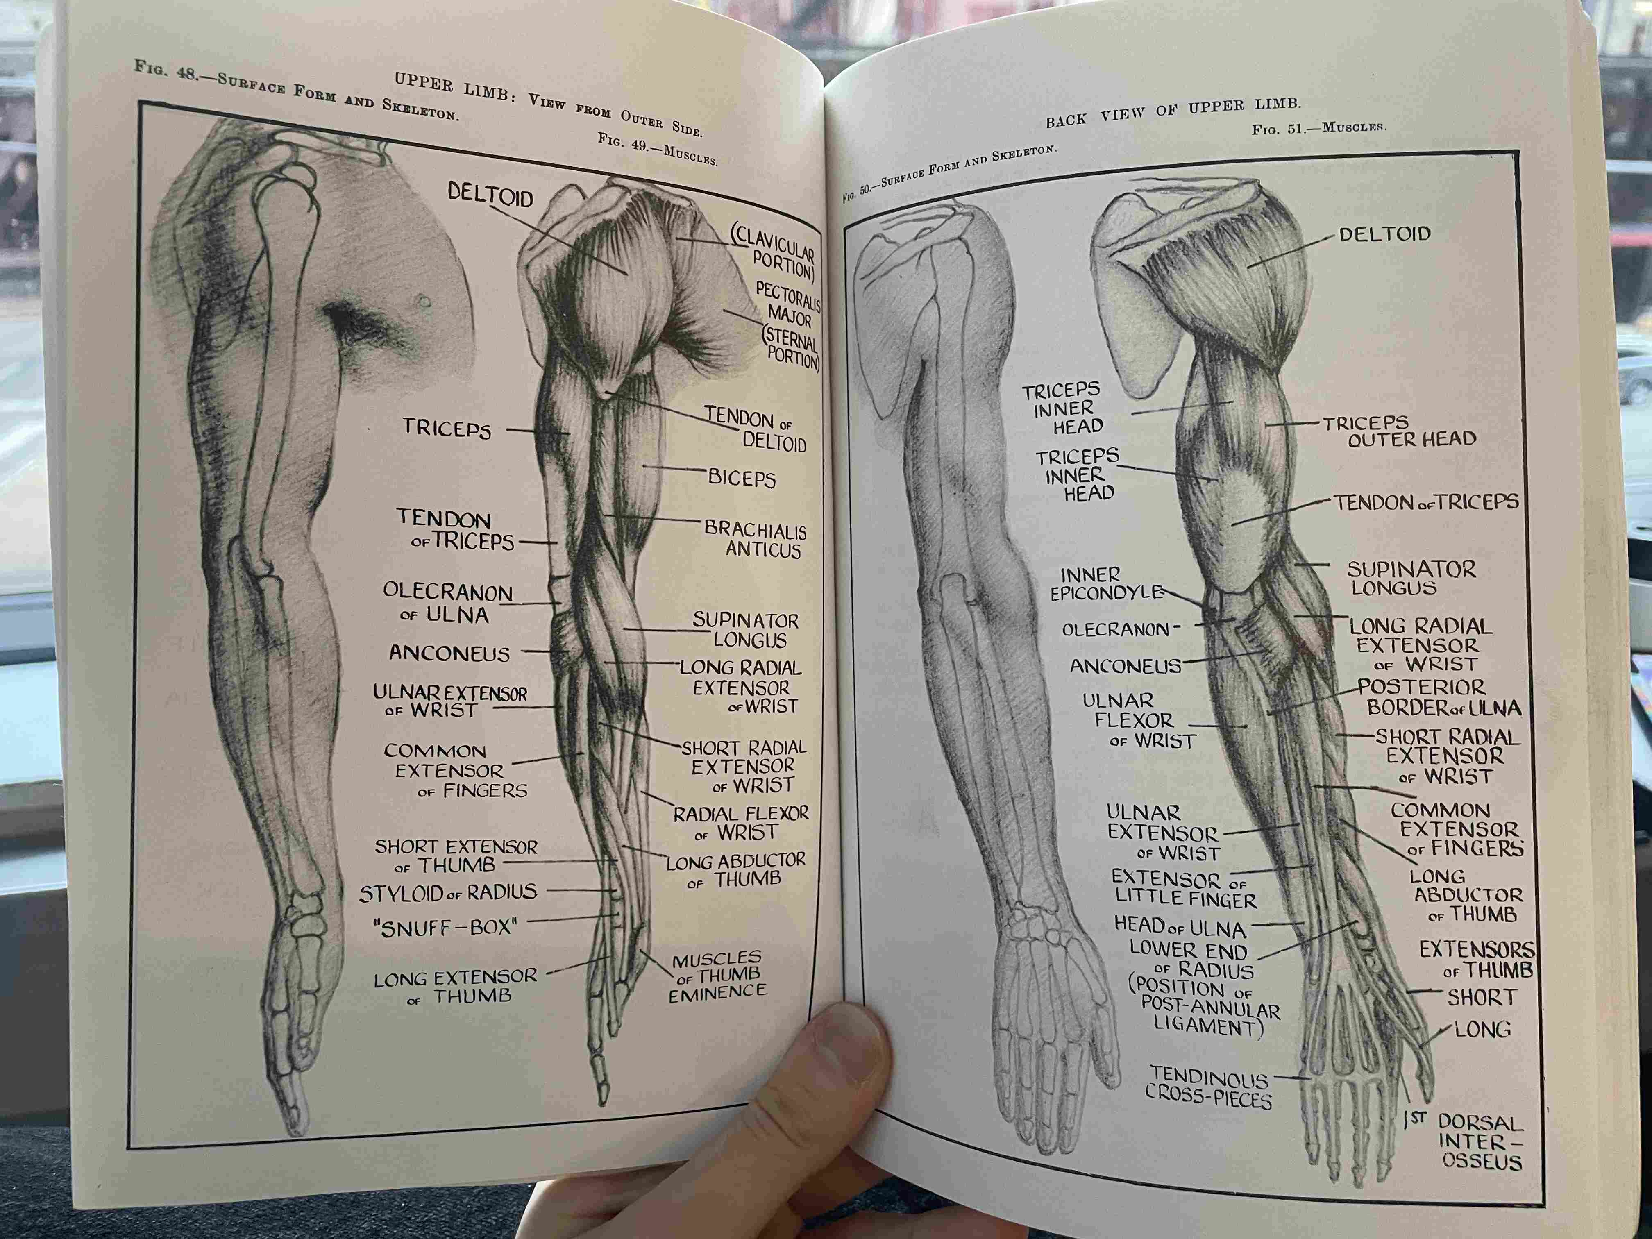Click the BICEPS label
[x=742, y=478]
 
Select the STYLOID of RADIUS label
[x=448, y=892]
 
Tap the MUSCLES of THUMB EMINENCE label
[x=717, y=976]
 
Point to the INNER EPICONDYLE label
[x=1105, y=584]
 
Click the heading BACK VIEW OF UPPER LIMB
[x=1173, y=112]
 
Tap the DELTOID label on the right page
[x=1384, y=234]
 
